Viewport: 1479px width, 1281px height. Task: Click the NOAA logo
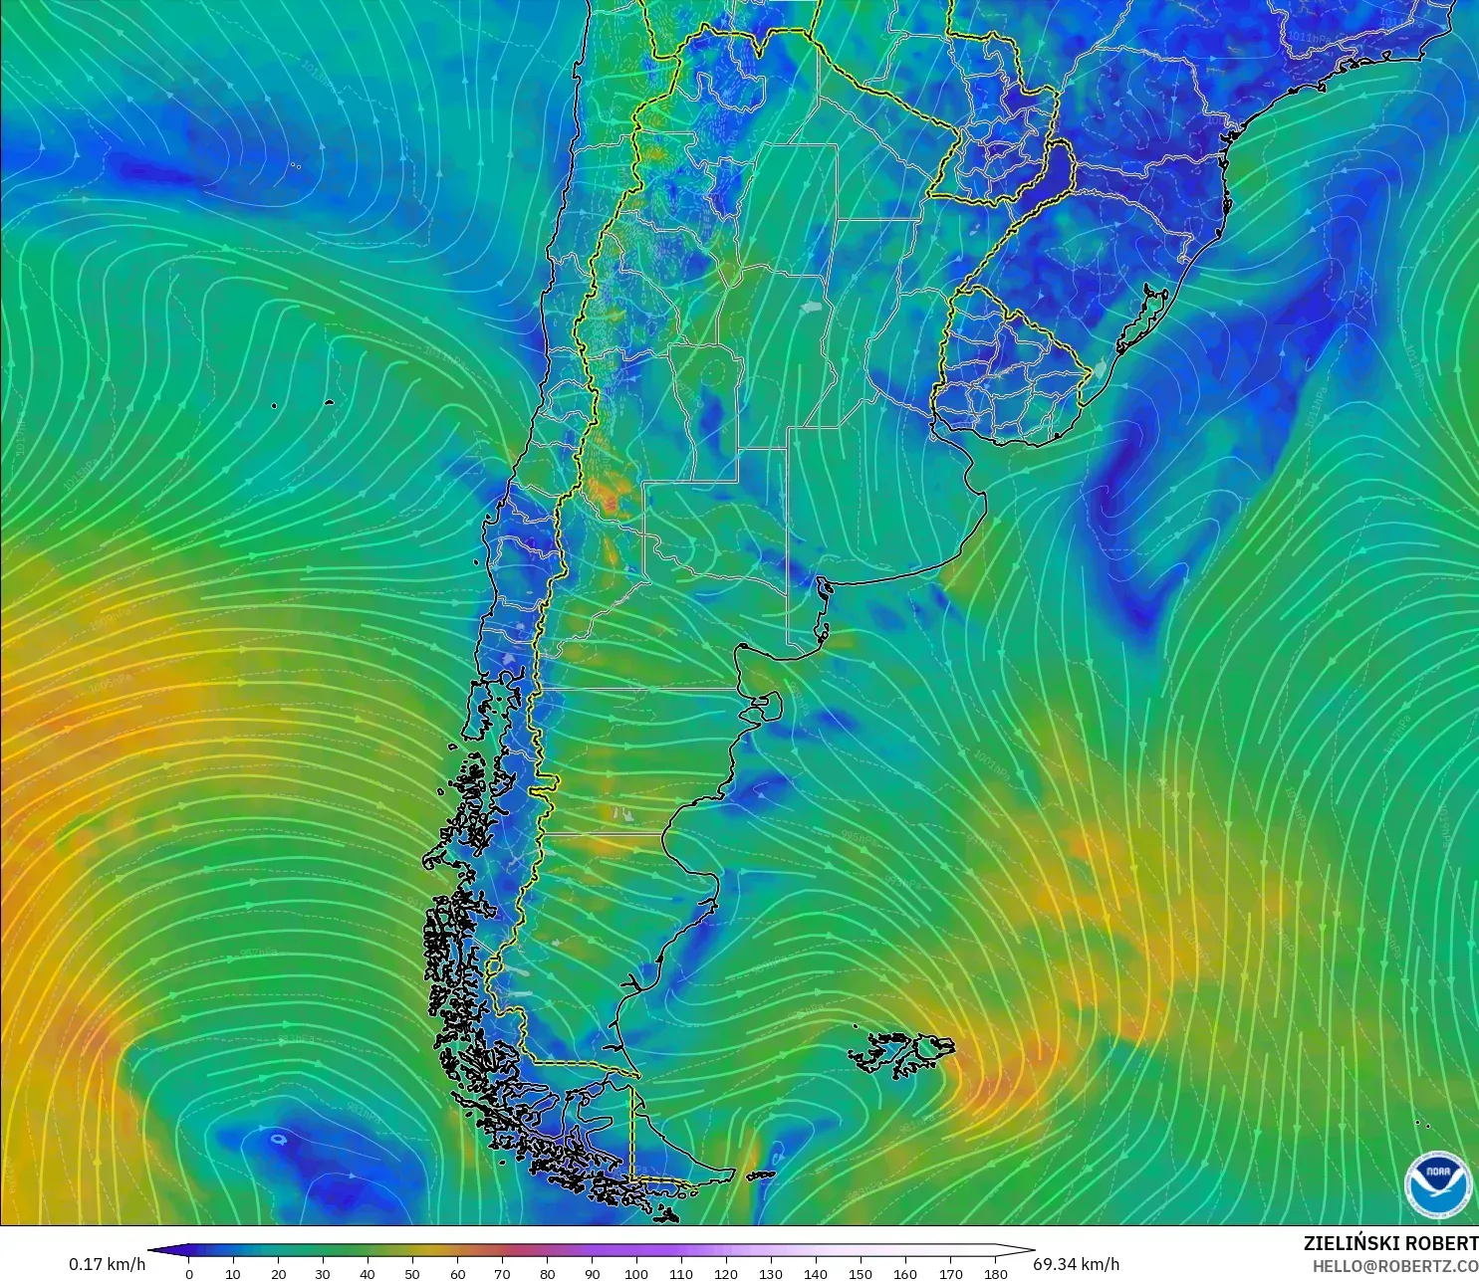[x=1437, y=1183]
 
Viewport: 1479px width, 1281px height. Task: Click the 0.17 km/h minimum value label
[x=107, y=1264]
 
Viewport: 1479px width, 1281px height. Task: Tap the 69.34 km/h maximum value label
[x=1076, y=1264]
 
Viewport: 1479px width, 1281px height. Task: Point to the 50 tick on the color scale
[x=412, y=1273]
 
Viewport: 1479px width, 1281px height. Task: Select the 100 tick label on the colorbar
[x=636, y=1273]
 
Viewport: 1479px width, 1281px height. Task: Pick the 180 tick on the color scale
[x=995, y=1273]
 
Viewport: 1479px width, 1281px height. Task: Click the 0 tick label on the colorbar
[x=189, y=1273]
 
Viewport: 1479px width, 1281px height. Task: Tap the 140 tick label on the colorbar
[x=816, y=1273]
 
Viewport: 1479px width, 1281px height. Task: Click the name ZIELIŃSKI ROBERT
[x=1390, y=1243]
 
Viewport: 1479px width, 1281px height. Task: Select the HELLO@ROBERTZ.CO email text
[x=1394, y=1266]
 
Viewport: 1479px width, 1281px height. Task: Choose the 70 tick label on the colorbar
[x=502, y=1273]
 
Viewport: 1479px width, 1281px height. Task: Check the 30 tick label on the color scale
[x=323, y=1273]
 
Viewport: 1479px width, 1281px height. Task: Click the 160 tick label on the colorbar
[x=905, y=1273]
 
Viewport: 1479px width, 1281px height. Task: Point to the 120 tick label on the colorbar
[x=726, y=1273]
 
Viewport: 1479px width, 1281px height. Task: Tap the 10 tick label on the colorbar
[x=233, y=1273]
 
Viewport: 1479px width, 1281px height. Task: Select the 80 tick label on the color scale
[x=547, y=1273]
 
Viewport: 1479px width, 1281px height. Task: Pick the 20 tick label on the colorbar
[x=278, y=1273]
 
